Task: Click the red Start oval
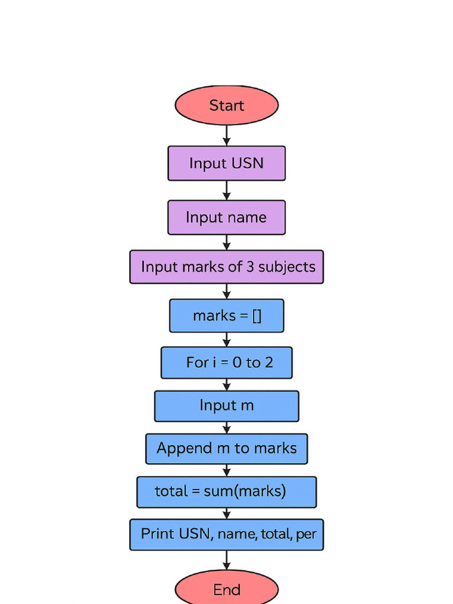click(x=226, y=106)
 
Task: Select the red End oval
click(x=226, y=589)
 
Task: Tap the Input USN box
click(x=226, y=163)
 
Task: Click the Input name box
click(x=226, y=218)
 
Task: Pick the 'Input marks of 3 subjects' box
click(x=226, y=267)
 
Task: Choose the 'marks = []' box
click(x=226, y=316)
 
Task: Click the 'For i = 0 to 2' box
click(x=226, y=362)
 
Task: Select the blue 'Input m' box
click(x=226, y=406)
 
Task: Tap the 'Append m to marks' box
click(x=226, y=449)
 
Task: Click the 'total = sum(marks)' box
click(x=226, y=492)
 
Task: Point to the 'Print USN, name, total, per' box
click(x=226, y=534)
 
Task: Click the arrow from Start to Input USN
click(x=226, y=135)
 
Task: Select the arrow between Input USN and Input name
click(x=226, y=191)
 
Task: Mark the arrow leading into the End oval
click(x=226, y=560)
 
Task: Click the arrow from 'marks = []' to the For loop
click(x=226, y=340)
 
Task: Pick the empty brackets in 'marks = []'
click(x=257, y=316)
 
